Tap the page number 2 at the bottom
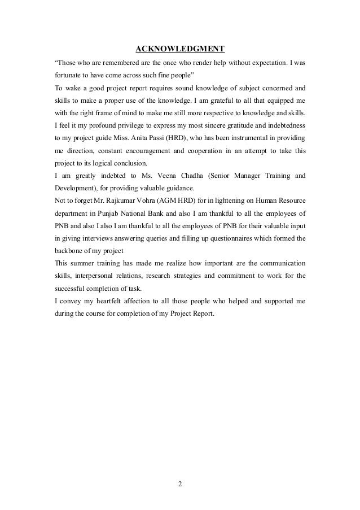coord(181,483)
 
